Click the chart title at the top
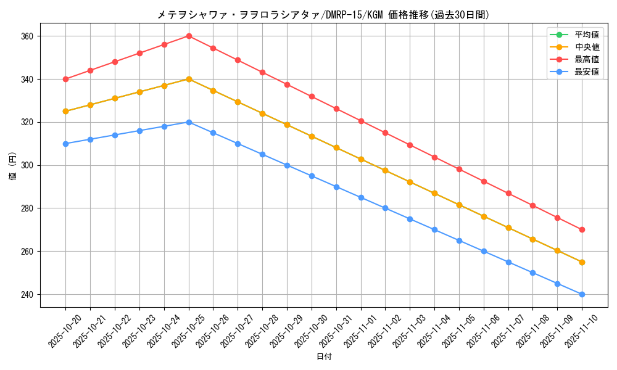click(x=323, y=15)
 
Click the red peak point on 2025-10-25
click(x=189, y=36)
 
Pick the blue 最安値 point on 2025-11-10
click(x=582, y=295)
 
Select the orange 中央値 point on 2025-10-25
click(x=189, y=79)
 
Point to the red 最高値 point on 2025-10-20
click(x=65, y=79)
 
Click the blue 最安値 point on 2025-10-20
click(x=65, y=144)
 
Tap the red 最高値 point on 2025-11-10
click(x=582, y=230)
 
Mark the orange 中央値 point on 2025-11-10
click(x=582, y=262)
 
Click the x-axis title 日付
click(x=324, y=357)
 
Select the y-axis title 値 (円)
click(x=13, y=165)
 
